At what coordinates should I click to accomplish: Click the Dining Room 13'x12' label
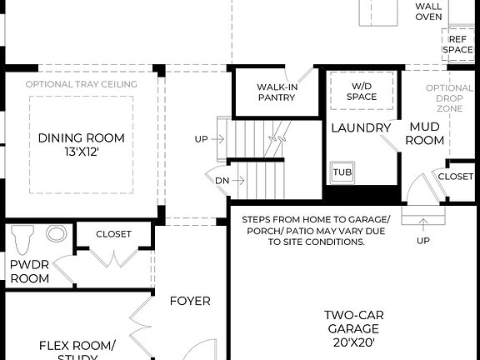click(x=81, y=145)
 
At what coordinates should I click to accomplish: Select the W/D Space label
click(x=361, y=91)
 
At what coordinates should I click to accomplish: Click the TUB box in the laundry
click(x=342, y=172)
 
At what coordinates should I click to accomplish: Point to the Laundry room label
click(x=361, y=128)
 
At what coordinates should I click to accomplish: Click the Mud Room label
click(x=424, y=134)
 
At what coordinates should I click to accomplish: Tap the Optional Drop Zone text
click(x=449, y=99)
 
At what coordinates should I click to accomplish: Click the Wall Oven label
click(x=428, y=11)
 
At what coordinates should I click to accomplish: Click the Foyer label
click(x=190, y=301)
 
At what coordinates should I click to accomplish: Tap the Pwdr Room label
click(x=28, y=272)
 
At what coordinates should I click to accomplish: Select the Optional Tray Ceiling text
click(x=81, y=84)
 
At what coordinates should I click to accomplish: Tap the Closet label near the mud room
click(x=455, y=177)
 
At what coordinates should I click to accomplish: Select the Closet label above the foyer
click(x=113, y=234)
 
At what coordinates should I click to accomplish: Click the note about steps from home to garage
click(x=315, y=231)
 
